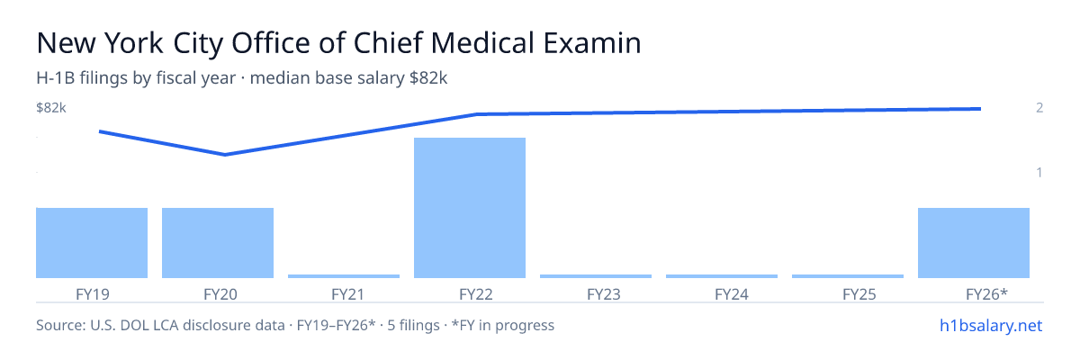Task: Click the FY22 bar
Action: [x=470, y=208]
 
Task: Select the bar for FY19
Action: [x=92, y=243]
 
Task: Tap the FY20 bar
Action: [x=218, y=243]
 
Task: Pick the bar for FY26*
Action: [x=974, y=243]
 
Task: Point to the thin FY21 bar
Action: [x=344, y=276]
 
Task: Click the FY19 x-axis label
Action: [x=93, y=294]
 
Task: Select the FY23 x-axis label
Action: [x=604, y=294]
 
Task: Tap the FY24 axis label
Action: [x=732, y=294]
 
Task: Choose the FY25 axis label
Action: [x=859, y=294]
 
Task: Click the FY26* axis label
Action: [x=987, y=294]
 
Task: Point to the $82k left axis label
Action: [x=51, y=108]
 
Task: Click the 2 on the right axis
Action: [x=1039, y=108]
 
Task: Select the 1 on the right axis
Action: [x=1039, y=172]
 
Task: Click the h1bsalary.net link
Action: [x=991, y=326]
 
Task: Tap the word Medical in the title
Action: [x=482, y=43]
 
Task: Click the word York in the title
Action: [x=133, y=43]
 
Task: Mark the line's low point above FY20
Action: [x=225, y=155]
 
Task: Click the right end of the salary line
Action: [x=980, y=109]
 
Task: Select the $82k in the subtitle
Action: [x=428, y=78]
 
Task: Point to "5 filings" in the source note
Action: [x=413, y=326]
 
